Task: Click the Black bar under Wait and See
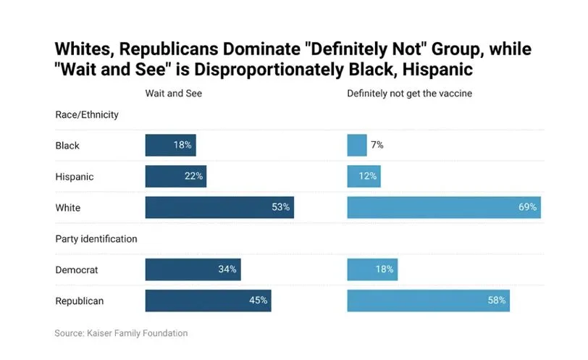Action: (170, 146)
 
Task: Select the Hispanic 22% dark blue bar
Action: (176, 176)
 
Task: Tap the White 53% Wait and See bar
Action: (219, 207)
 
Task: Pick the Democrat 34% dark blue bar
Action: (193, 269)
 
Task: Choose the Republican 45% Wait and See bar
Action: (208, 300)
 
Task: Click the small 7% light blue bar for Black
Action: (357, 146)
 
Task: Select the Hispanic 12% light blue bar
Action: (364, 176)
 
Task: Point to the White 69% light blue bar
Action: (443, 207)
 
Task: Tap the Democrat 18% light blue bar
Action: (372, 269)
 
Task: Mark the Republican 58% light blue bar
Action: (428, 300)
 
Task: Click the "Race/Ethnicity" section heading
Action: (87, 114)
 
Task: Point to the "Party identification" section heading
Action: (96, 238)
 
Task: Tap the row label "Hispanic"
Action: (75, 176)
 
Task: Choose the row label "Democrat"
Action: (77, 269)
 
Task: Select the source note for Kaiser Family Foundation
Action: (121, 333)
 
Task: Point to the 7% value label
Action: (377, 146)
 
